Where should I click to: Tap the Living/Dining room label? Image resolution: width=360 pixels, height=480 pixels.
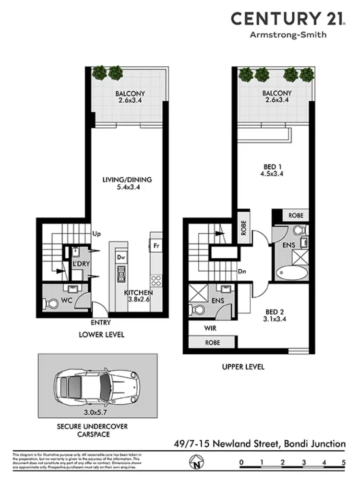point(127,180)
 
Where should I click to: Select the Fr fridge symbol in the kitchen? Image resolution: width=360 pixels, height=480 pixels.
point(156,246)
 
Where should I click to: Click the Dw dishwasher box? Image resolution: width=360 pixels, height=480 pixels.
point(120,257)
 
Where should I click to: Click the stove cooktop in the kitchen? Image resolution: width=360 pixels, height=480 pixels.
point(156,279)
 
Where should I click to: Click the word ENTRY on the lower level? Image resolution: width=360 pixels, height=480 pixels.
point(100,323)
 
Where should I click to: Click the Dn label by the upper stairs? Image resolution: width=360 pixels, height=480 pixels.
point(242,271)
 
